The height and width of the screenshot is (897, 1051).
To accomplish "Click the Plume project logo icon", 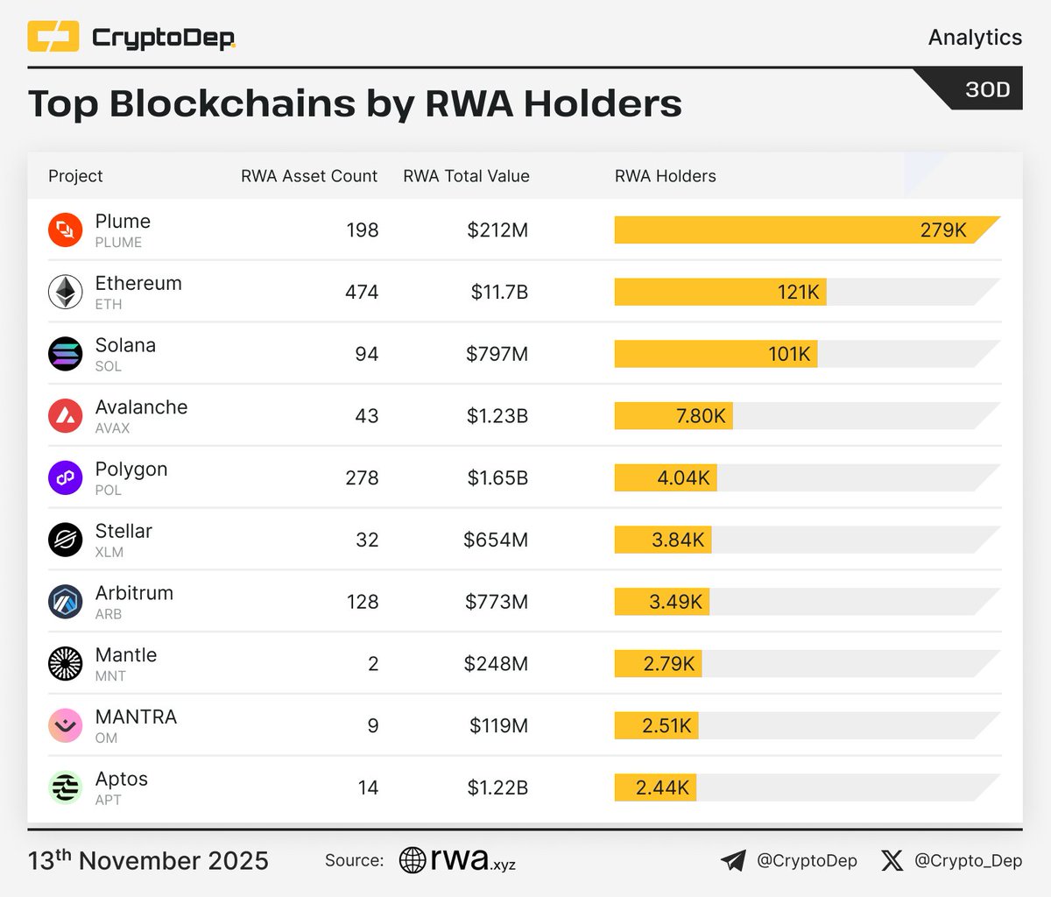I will [x=65, y=230].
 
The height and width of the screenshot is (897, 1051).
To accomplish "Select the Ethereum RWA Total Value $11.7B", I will [x=499, y=292].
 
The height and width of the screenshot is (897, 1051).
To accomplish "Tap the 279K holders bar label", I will [x=942, y=230].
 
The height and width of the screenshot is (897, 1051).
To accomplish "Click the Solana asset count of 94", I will [x=366, y=354].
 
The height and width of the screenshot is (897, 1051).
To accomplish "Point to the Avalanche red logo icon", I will [x=65, y=416].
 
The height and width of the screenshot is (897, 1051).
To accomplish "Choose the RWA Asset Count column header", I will [x=309, y=176].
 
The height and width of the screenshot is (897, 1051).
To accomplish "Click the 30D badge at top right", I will [x=987, y=89].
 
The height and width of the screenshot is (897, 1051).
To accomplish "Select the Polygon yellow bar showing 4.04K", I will [x=666, y=478].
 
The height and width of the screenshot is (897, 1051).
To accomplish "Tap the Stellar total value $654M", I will [x=496, y=540].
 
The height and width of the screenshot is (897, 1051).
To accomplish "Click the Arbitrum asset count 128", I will [x=362, y=602].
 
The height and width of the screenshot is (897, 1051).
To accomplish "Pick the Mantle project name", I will [x=126, y=655].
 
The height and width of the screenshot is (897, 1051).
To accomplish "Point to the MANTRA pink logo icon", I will [x=65, y=726].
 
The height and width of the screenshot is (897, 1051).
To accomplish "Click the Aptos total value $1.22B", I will [x=497, y=788].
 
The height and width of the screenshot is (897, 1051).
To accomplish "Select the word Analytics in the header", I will [x=975, y=38].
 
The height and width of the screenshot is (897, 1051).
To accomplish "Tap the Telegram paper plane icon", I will [x=733, y=861].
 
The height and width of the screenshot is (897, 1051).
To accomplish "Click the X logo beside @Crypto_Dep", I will [x=892, y=861].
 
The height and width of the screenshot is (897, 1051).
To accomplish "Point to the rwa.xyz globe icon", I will [x=413, y=860].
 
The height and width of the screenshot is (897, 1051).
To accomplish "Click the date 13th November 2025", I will [x=148, y=861].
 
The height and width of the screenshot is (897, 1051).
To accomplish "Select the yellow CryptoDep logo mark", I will [x=53, y=37].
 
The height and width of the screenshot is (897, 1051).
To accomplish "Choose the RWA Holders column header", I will [x=665, y=176].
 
